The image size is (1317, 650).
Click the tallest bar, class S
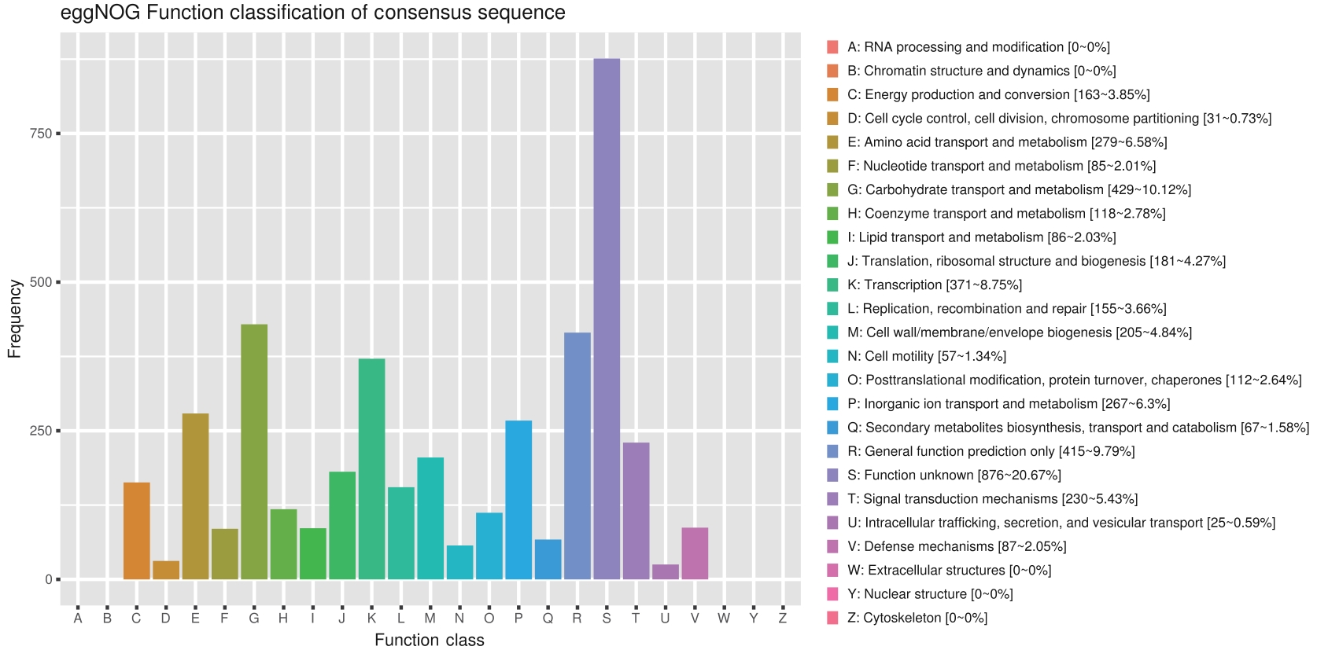click(x=607, y=319)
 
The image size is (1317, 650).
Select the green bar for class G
click(x=254, y=452)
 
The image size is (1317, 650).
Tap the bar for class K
click(x=371, y=469)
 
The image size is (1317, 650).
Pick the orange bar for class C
click(x=137, y=531)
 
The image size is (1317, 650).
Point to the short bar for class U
click(x=666, y=571)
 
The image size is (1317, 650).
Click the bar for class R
click(x=577, y=456)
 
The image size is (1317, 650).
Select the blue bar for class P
click(x=518, y=500)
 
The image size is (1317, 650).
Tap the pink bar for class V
click(x=695, y=553)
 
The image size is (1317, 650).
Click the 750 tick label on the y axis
click(x=41, y=134)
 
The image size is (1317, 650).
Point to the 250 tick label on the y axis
click(x=41, y=431)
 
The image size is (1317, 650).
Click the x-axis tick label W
click(x=724, y=619)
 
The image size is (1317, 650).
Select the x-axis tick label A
click(x=78, y=619)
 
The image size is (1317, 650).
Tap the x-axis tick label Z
click(x=783, y=619)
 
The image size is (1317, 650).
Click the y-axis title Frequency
click(x=14, y=319)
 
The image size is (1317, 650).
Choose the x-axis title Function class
click(x=430, y=640)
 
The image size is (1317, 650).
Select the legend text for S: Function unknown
click(x=954, y=475)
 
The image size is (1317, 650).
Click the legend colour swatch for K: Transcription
click(x=832, y=285)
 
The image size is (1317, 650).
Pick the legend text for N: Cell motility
click(x=927, y=356)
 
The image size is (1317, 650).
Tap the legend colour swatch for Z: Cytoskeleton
click(x=832, y=618)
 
